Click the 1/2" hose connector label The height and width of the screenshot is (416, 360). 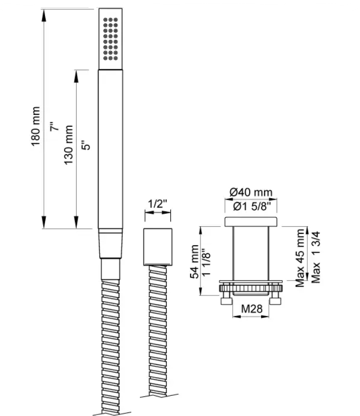click(156, 204)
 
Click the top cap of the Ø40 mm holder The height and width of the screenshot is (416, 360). click(252, 222)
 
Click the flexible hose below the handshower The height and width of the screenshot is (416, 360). click(109, 336)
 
